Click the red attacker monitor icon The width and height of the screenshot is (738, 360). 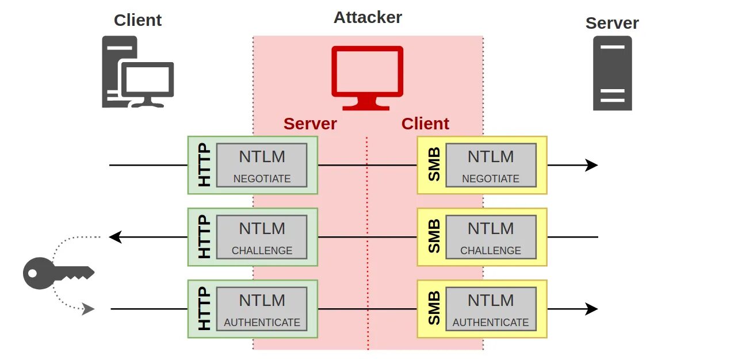pyautogui.click(x=368, y=77)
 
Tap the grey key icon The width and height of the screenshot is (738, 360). pyautogui.click(x=58, y=273)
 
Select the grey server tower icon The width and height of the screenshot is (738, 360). pyautogui.click(x=613, y=73)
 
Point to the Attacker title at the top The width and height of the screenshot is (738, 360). pyautogui.click(x=368, y=17)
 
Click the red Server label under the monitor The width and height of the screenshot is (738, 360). pyautogui.click(x=310, y=124)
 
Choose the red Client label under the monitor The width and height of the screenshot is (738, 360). pyautogui.click(x=425, y=124)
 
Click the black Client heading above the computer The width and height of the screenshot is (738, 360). pyautogui.click(x=137, y=20)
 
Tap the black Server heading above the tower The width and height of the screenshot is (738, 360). pyautogui.click(x=612, y=23)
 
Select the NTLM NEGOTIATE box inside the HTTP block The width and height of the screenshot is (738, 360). pyautogui.click(x=262, y=165)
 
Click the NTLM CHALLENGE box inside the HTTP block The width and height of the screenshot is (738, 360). pyautogui.click(x=262, y=237)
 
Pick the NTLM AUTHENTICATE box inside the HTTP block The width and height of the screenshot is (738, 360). pyautogui.click(x=262, y=309)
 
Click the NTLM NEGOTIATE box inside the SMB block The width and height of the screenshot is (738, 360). pyautogui.click(x=491, y=165)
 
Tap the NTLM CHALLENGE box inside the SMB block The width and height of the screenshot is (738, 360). pyautogui.click(x=491, y=237)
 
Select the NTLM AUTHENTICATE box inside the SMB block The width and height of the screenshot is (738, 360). pyautogui.click(x=491, y=309)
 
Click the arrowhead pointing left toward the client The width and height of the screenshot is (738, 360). pyautogui.click(x=115, y=237)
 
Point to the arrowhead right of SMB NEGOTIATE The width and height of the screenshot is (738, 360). pyautogui.click(x=592, y=165)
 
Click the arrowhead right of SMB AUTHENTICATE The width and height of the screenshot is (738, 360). pyautogui.click(x=592, y=309)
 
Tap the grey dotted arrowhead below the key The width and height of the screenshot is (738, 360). pyautogui.click(x=89, y=309)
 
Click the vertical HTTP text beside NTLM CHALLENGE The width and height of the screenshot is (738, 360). pyautogui.click(x=204, y=237)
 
